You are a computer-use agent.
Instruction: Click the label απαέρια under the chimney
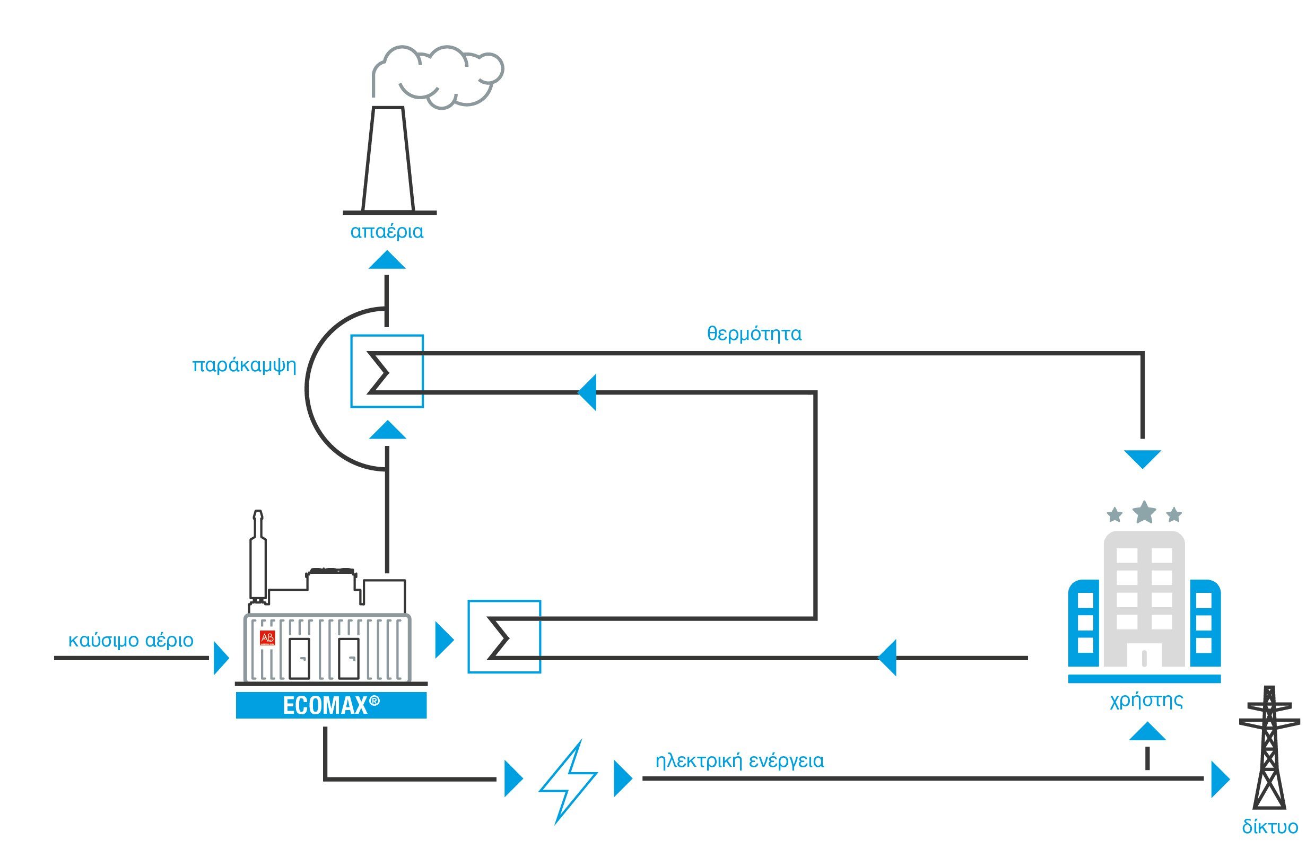(x=387, y=232)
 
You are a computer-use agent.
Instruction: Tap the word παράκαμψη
(x=243, y=365)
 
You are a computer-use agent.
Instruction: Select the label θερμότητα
(x=754, y=334)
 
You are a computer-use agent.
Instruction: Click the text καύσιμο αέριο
(x=130, y=640)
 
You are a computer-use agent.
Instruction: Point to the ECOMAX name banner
(x=331, y=706)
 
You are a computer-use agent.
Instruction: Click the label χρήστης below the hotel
(x=1146, y=700)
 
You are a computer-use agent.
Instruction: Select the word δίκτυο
(x=1270, y=827)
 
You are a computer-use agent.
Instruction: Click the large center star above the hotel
(x=1144, y=512)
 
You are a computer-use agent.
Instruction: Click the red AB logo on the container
(x=267, y=638)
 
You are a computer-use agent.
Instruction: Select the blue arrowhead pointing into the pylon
(x=1220, y=779)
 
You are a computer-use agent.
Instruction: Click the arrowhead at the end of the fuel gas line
(x=221, y=658)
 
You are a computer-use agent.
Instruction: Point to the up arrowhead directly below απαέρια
(x=387, y=261)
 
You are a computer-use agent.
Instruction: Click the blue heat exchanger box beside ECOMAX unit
(x=504, y=637)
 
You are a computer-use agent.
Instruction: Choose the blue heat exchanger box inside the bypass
(x=387, y=371)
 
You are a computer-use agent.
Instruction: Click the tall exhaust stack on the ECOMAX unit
(x=257, y=557)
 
